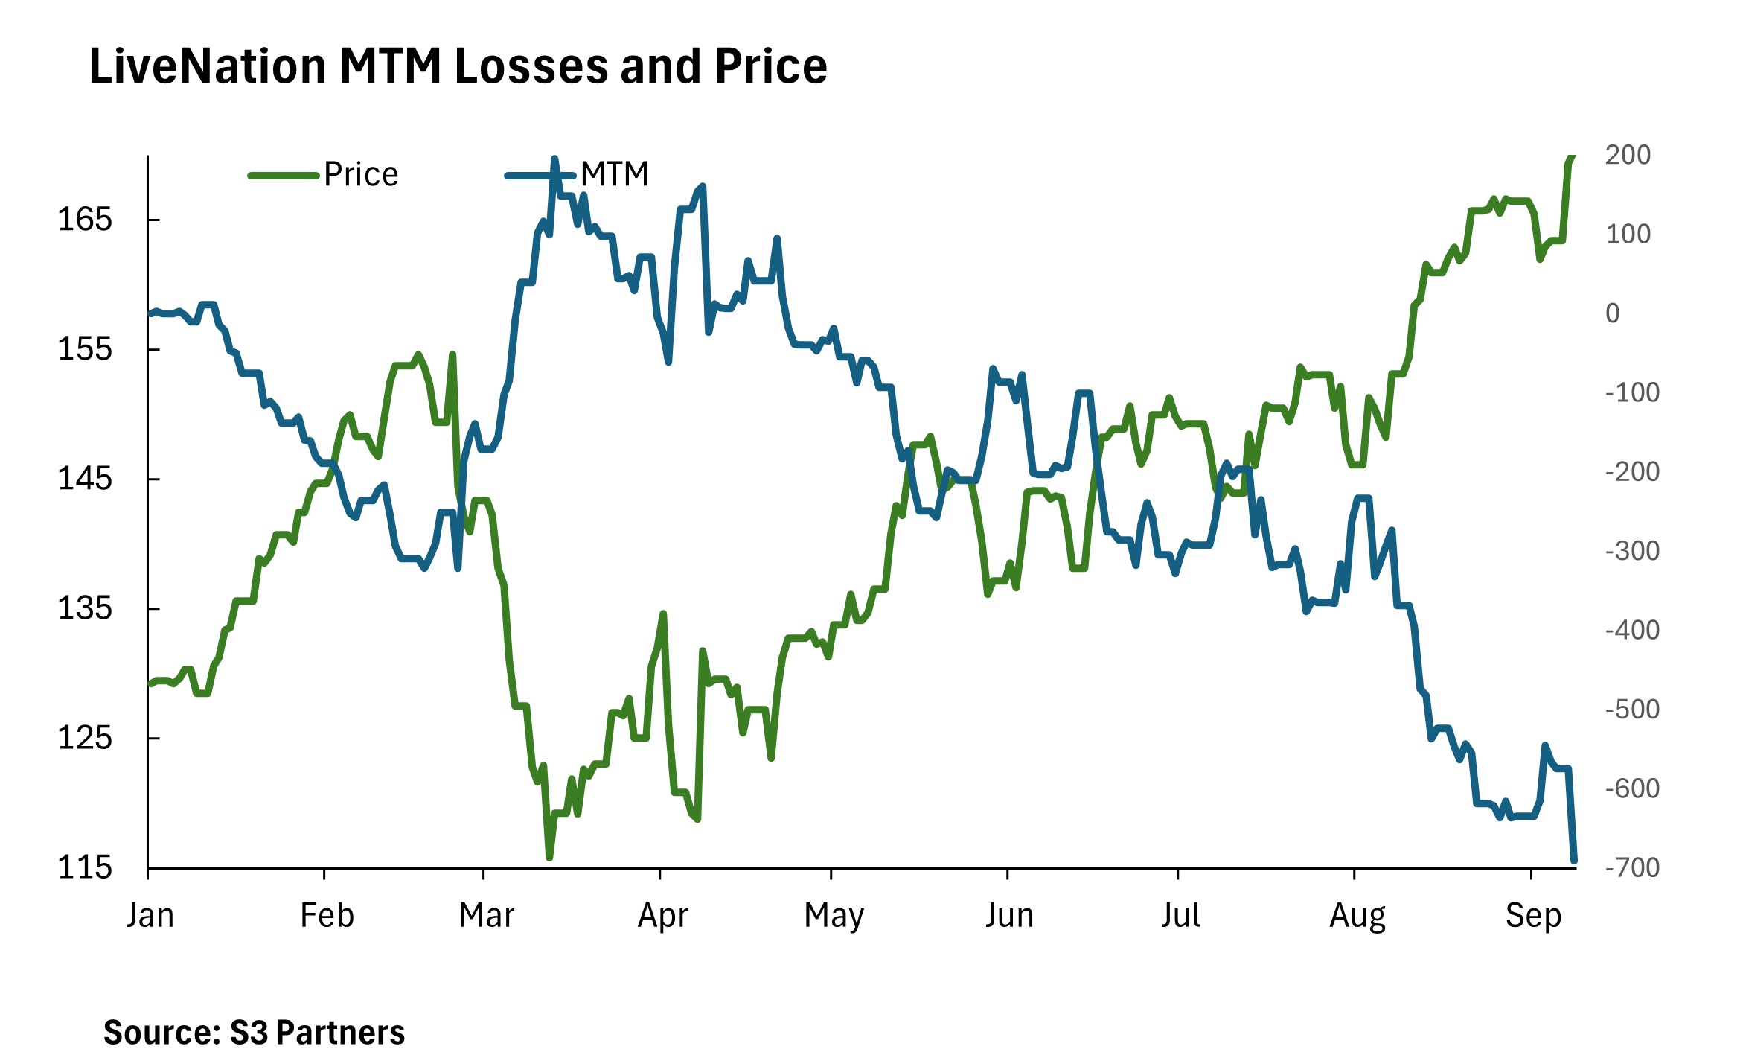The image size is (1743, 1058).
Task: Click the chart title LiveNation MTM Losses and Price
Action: pos(458,67)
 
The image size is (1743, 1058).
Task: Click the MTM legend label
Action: pos(614,175)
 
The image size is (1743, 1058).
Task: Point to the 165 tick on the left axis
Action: pos(85,220)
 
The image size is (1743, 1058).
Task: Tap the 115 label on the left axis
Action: pos(85,868)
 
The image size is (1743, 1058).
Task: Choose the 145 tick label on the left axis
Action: pos(85,479)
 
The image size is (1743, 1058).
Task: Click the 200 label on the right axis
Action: pos(1628,155)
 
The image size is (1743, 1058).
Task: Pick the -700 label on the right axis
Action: pos(1632,868)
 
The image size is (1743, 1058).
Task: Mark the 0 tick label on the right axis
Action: pos(1613,313)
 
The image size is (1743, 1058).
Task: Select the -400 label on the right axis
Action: pos(1632,631)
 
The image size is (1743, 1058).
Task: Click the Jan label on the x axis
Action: pos(150,915)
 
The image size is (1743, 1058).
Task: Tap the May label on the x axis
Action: pos(834,915)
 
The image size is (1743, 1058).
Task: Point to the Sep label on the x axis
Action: pos(1533,915)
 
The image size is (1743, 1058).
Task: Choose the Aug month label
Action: pos(1357,915)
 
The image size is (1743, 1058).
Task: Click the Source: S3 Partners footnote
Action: pos(254,1033)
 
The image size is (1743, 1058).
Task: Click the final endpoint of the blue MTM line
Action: pos(1574,861)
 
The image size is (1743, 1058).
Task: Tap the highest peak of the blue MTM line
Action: pos(554,159)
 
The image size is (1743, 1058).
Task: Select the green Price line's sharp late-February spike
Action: pos(452,355)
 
